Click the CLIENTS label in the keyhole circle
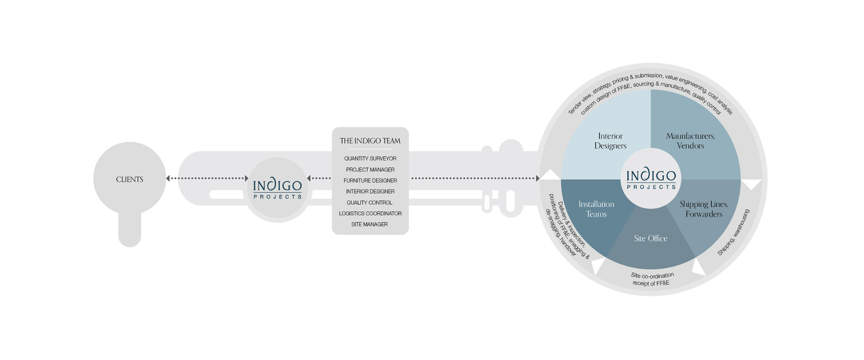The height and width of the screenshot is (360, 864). (x=130, y=179)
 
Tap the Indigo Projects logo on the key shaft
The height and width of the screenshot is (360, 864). (x=277, y=189)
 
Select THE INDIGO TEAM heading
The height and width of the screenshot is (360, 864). (x=370, y=141)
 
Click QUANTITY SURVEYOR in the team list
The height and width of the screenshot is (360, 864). (x=370, y=158)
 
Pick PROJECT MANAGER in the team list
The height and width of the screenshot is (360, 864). (x=370, y=170)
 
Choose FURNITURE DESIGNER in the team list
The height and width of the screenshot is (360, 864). (x=370, y=180)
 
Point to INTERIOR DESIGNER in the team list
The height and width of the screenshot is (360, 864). (x=370, y=191)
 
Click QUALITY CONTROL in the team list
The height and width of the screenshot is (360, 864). (x=369, y=202)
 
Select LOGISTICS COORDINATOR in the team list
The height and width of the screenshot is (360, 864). (x=370, y=213)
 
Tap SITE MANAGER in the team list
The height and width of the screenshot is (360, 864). (x=369, y=224)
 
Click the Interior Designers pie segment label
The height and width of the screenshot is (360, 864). (x=610, y=141)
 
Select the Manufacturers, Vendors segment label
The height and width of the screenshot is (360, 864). (x=690, y=141)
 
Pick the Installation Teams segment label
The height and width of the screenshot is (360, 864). (x=596, y=209)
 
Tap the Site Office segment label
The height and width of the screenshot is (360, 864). (x=650, y=238)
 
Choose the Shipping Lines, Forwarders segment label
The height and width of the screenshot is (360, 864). (x=704, y=209)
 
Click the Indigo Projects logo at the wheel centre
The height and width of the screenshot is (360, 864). (x=651, y=179)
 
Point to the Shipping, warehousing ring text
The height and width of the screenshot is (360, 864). (x=733, y=233)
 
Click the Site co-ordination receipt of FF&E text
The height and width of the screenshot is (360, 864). (x=652, y=279)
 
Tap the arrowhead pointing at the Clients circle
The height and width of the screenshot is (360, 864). (x=168, y=178)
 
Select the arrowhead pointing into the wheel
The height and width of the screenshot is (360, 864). (x=537, y=178)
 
